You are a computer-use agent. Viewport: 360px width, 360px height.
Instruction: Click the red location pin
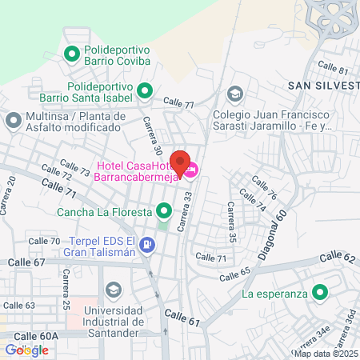[182, 162]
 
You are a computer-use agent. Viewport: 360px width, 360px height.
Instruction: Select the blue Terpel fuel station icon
[146, 244]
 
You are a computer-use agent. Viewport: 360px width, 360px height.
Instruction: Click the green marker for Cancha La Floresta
[164, 212]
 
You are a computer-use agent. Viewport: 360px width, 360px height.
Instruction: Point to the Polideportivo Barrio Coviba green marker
[70, 55]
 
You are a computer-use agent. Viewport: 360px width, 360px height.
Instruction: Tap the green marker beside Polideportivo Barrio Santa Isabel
[145, 92]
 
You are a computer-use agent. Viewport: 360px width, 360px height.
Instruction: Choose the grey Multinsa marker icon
[13, 122]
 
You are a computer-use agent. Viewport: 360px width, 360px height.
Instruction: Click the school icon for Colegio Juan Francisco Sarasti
[234, 94]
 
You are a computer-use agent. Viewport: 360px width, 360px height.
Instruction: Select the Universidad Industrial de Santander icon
[114, 288]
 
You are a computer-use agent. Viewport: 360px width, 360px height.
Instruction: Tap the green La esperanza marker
[320, 294]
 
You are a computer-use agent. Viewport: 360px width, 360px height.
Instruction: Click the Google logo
[26, 350]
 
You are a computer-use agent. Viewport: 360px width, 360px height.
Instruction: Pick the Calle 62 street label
[336, 257]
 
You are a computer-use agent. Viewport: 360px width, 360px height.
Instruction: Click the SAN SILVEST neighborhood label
[324, 86]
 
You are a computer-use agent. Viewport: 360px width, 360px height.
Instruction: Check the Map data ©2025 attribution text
[326, 354]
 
